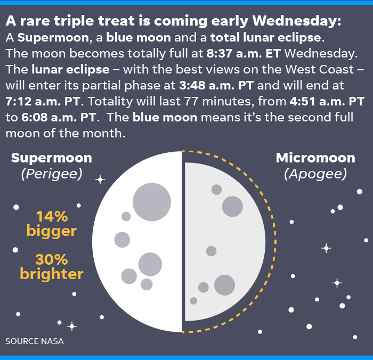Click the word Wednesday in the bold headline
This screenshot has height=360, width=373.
tap(297, 20)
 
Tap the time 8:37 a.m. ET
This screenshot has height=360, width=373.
tap(244, 53)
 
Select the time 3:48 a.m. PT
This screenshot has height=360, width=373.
tap(216, 85)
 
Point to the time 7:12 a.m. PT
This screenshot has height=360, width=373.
tap(43, 101)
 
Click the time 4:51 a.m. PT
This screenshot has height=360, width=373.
tap(327, 101)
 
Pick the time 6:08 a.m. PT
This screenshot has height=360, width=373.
tap(59, 117)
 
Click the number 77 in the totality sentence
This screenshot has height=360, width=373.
tap(191, 101)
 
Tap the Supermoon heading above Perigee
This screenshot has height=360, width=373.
tap(51, 158)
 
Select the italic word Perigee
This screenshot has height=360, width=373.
tap(52, 174)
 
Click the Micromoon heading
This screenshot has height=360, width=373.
tap(315, 158)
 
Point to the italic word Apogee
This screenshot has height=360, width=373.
tap(315, 174)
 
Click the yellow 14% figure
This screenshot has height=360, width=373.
tap(52, 217)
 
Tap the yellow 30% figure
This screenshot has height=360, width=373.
tap(52, 259)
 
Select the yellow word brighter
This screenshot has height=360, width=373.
tap(52, 274)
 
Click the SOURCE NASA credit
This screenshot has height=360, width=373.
tap(35, 341)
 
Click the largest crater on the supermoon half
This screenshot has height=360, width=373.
tap(152, 202)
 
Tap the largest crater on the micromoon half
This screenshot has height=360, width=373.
tap(224, 285)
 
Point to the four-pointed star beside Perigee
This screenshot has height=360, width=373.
tap(100, 179)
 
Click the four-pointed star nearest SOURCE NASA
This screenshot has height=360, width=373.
tap(72, 326)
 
